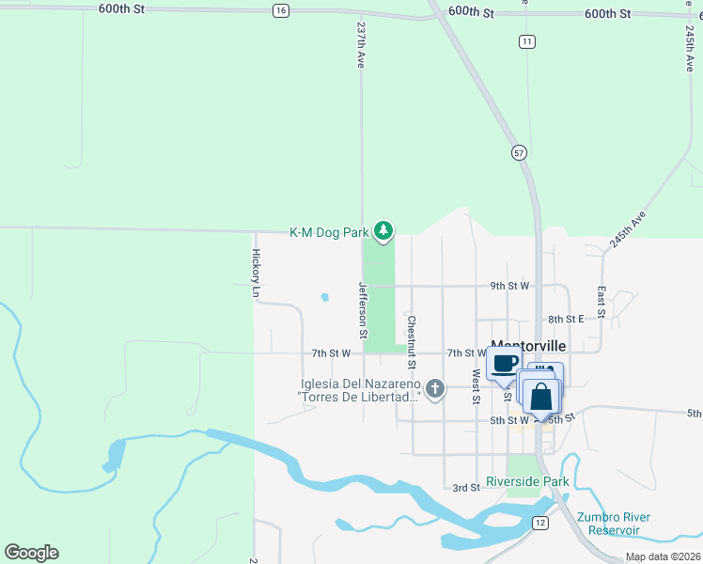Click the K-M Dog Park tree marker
pyautogui.click(x=383, y=230)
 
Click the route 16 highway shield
pyautogui.click(x=280, y=10)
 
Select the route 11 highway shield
pyautogui.click(x=527, y=41)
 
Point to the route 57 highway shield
pyautogui.click(x=518, y=151)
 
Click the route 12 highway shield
pyautogui.click(x=539, y=522)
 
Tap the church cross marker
pyautogui.click(x=434, y=388)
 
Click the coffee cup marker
pyautogui.click(x=504, y=364)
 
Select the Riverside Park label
pyautogui.click(x=527, y=482)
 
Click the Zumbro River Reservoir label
pyautogui.click(x=615, y=524)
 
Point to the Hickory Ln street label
pyautogui.click(x=256, y=273)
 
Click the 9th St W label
pyautogui.click(x=509, y=285)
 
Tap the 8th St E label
pyautogui.click(x=567, y=320)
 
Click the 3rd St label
pyautogui.click(x=466, y=487)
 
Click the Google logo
pyautogui.click(x=31, y=553)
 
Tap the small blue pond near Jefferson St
pyautogui.click(x=324, y=297)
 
